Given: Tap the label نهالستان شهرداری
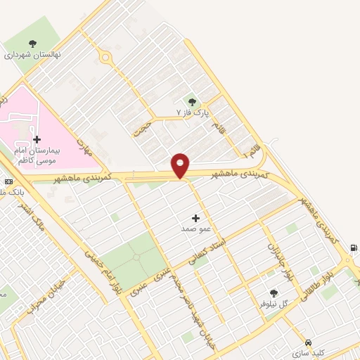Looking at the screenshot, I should click(33, 54).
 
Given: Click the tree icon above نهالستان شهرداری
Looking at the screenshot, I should click(33, 42).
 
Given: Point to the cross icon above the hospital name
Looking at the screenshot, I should click(37, 139).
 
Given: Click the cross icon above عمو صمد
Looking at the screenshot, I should click(195, 218).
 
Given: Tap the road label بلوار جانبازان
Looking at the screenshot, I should click(278, 260).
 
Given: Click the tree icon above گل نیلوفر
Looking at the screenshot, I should click(274, 294).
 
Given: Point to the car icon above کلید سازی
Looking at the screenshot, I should click(308, 341).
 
